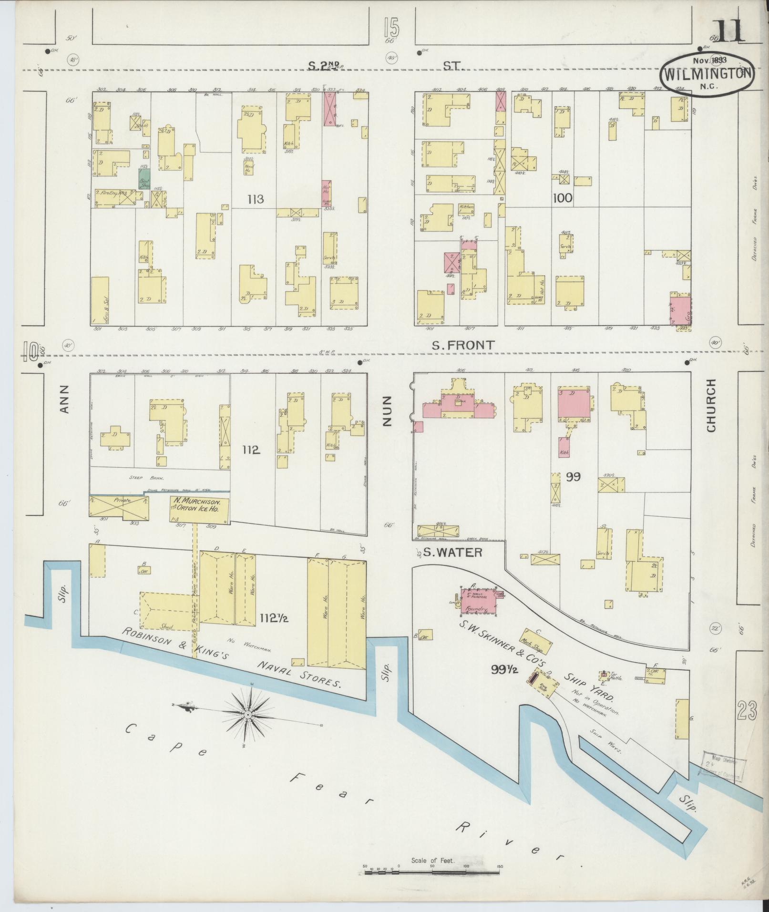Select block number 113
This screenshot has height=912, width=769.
[256, 199]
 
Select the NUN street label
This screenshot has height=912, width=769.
[386, 410]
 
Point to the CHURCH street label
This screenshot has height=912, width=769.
[711, 406]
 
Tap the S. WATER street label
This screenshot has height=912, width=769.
[453, 552]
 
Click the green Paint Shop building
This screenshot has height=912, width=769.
[144, 178]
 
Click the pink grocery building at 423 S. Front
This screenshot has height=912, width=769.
[680, 310]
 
